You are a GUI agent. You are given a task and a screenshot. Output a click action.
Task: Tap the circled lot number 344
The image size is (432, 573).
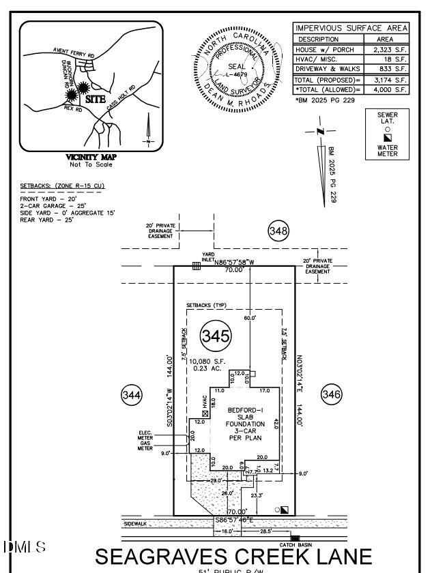[x=132, y=394]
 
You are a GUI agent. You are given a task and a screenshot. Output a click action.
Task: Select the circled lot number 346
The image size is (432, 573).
[x=330, y=394]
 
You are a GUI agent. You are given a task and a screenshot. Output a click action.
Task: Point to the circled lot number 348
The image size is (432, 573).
[x=278, y=232]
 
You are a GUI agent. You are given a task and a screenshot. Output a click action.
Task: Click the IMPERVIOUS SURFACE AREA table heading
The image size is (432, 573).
[x=351, y=28]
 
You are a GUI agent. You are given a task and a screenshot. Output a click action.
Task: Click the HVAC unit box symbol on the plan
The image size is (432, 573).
[x=205, y=413]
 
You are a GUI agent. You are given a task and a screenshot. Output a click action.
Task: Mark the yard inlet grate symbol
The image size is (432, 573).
[x=196, y=267]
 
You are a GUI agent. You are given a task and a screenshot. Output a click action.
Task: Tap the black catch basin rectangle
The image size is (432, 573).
[x=295, y=538]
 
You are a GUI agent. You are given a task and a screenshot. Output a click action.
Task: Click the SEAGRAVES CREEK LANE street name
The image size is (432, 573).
[x=234, y=556]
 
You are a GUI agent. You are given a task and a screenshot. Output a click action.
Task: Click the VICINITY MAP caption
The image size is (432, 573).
[x=91, y=157]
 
